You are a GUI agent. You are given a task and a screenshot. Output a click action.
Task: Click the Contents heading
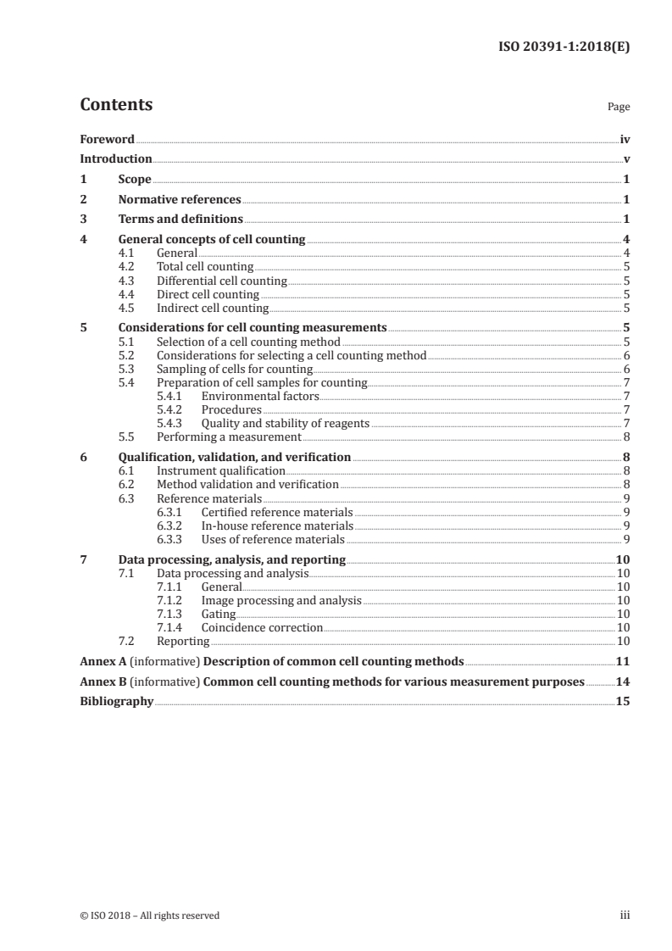[116, 105]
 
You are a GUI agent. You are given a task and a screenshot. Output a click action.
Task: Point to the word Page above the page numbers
[619, 108]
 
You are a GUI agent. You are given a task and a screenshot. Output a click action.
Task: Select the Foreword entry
[107, 139]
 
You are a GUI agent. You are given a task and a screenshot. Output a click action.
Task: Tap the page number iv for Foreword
[625, 139]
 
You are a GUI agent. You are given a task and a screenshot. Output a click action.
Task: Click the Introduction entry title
[116, 159]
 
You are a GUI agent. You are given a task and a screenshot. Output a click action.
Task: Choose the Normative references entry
[180, 200]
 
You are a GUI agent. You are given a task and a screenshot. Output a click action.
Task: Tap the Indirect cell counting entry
[213, 308]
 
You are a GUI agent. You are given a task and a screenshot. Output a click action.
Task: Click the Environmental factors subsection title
[260, 396]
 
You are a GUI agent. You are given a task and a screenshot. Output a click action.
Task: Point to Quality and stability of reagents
[286, 423]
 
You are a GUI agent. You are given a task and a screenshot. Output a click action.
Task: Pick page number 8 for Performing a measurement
[625, 437]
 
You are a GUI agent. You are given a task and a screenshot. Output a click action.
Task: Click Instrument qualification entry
[221, 470]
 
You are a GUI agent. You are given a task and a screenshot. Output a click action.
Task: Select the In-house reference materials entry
[277, 526]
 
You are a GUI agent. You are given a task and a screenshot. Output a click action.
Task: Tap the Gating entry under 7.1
[219, 614]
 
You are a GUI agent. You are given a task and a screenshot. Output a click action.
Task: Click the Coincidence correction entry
[262, 627]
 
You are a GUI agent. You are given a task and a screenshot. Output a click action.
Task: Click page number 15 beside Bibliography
[623, 702]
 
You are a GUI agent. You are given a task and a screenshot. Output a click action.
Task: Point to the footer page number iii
[625, 915]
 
